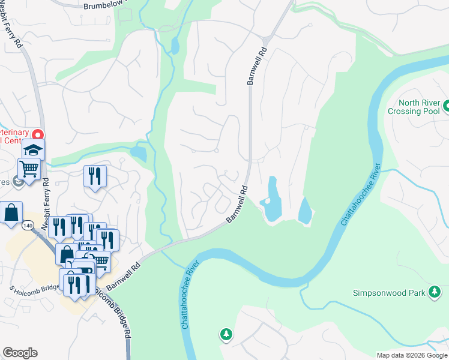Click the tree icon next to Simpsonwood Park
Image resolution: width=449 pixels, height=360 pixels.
435,293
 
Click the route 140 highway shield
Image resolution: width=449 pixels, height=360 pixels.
29,225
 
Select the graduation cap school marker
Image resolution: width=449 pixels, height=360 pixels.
34,149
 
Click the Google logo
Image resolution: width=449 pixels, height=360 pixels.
20,353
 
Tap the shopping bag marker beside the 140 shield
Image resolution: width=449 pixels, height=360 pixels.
11,212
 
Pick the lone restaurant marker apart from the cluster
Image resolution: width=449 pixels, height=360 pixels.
95,175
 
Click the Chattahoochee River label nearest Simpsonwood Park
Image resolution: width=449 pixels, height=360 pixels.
361,194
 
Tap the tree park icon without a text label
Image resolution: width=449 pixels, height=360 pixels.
226,334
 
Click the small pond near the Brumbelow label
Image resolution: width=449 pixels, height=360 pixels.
175,46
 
